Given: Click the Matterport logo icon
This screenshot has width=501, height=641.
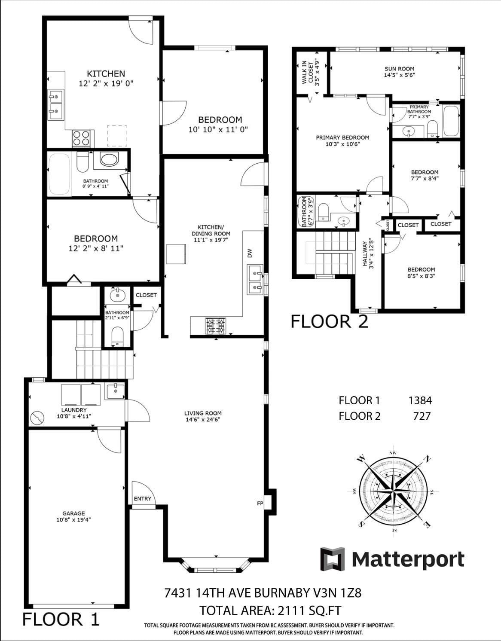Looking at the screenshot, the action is click(333, 559).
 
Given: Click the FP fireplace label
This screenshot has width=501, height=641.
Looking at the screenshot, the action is click(260, 503).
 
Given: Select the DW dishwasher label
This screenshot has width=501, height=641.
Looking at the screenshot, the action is click(250, 253).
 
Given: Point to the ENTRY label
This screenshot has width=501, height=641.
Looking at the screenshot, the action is click(142, 498).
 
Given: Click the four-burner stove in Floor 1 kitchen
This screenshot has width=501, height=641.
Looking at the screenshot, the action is click(81, 138).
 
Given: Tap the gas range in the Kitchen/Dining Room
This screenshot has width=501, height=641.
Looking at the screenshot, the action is click(216, 326).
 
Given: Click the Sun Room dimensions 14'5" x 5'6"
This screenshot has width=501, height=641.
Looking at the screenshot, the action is click(399, 75).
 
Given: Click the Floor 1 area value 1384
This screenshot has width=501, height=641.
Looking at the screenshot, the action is click(420, 400).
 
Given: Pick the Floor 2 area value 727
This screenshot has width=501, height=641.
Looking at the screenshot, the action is click(422, 416).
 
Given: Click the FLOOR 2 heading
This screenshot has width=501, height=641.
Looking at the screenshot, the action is click(330, 321).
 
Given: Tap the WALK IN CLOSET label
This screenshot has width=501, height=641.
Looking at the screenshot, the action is click(307, 72).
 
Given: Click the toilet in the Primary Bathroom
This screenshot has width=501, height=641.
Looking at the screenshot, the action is click(433, 128).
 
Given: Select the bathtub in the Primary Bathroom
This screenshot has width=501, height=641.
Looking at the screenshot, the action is click(451, 121).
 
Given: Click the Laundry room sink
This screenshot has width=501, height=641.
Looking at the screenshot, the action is click(115, 391).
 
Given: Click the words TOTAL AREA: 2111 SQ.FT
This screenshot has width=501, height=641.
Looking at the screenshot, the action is click(270, 610).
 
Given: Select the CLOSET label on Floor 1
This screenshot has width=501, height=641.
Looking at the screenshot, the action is click(146, 295).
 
